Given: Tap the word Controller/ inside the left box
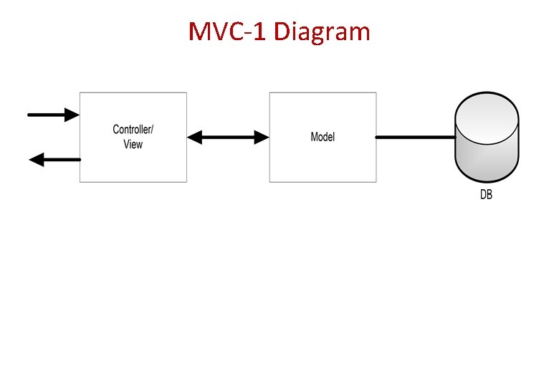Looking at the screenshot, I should (133, 130).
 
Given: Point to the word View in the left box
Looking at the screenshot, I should (133, 145).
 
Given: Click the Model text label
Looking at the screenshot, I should (322, 137).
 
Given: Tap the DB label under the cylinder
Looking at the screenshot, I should (486, 195).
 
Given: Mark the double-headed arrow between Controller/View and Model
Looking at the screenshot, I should (228, 137).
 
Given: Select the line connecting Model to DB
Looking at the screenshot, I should (416, 137).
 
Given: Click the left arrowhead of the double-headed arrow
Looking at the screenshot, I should (195, 137).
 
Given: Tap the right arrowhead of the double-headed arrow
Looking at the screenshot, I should (260, 137).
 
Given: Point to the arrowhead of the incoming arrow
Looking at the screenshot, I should (71, 114).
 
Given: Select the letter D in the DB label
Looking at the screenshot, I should (483, 195).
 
